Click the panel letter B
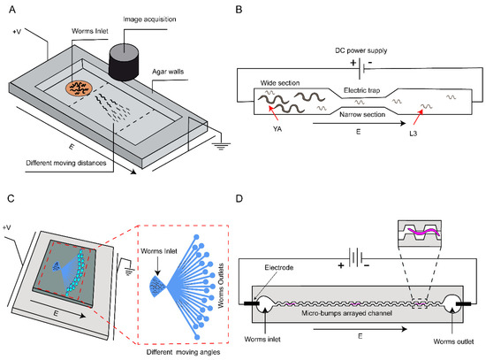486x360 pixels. click(x=248, y=9)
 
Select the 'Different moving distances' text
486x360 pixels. click(x=73, y=161)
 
